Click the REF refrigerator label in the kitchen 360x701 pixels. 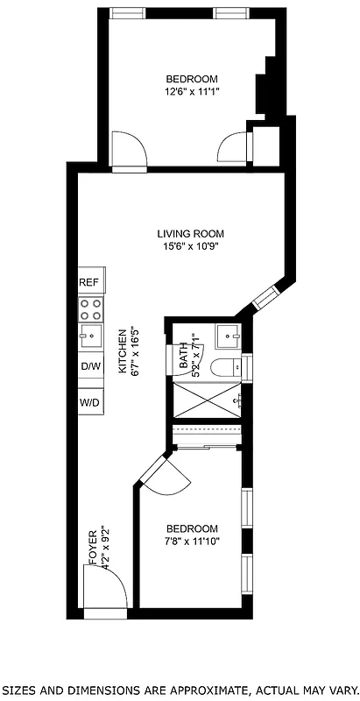click(x=89, y=283)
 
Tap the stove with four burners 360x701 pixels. click(x=90, y=308)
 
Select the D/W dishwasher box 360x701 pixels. click(x=90, y=366)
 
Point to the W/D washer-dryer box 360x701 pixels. click(x=90, y=402)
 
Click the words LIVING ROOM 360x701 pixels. click(x=191, y=234)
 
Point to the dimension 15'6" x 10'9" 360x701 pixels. click(x=191, y=246)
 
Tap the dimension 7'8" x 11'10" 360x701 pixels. click(x=192, y=542)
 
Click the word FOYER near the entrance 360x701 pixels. click(x=92, y=549)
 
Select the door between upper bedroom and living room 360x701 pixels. click(x=130, y=154)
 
